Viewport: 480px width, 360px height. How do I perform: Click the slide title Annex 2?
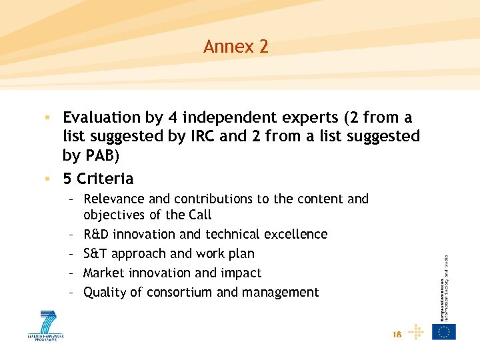pos(236,47)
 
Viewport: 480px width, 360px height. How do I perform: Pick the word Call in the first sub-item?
pos(199,215)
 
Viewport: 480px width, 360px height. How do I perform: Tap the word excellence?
pos(298,234)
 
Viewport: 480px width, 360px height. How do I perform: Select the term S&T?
pos(95,253)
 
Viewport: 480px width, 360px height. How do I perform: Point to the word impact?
pos(241,273)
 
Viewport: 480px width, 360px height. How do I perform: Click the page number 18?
pos(397,335)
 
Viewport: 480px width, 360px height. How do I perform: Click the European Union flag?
pos(444,331)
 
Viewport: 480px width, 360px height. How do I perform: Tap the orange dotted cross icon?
pos(415,331)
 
